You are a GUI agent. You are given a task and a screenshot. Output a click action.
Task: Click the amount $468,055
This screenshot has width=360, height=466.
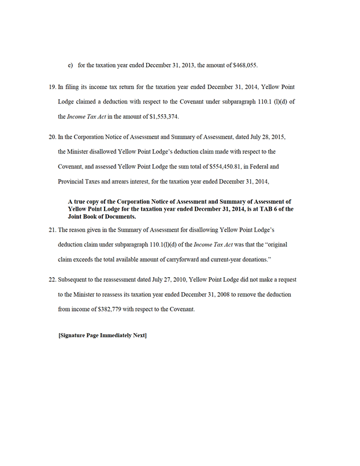click(x=249, y=65)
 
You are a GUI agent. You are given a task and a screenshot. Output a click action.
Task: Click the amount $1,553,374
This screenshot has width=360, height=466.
click(x=162, y=117)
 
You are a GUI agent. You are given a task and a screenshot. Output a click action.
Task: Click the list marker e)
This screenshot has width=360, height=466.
click(x=70, y=65)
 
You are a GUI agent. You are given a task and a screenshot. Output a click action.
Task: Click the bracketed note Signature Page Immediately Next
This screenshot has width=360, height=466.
click(x=102, y=335)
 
